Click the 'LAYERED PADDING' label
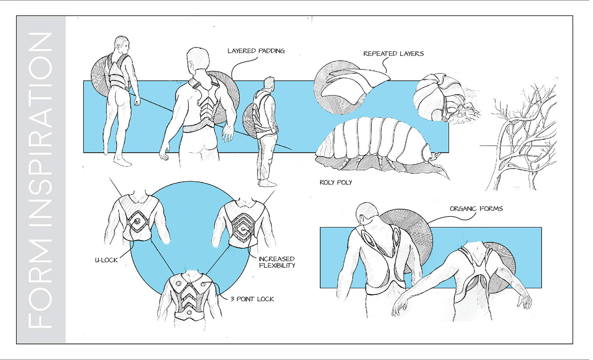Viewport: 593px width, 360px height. pyautogui.click(x=256, y=51)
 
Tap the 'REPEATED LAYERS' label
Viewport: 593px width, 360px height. pyautogui.click(x=393, y=54)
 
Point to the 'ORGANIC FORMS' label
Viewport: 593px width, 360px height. pyautogui.click(x=477, y=208)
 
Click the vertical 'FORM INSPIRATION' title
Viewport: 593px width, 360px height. pyautogui.click(x=41, y=180)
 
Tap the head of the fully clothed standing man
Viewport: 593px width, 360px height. pyautogui.click(x=268, y=83)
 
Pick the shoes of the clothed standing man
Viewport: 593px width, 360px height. pyautogui.click(x=267, y=183)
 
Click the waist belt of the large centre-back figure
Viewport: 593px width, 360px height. pyautogui.click(x=198, y=128)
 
